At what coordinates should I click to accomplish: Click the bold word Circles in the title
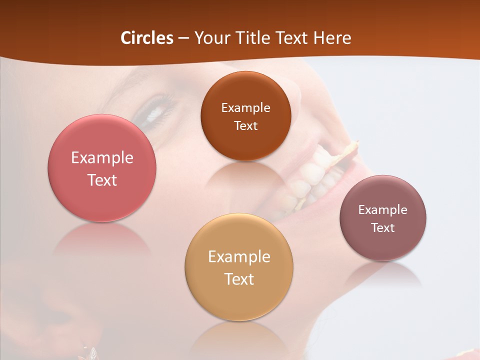(147, 38)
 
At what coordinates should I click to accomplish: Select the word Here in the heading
(332, 38)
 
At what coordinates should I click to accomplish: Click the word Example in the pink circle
(102, 158)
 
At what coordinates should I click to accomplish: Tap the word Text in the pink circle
(102, 180)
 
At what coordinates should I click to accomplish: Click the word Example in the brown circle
(245, 107)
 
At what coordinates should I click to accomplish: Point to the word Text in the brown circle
(245, 125)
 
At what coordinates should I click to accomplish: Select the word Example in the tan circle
(239, 256)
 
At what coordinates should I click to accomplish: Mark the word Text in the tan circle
(239, 278)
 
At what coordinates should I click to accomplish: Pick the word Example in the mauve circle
(383, 209)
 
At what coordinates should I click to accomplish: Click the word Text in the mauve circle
(383, 227)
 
